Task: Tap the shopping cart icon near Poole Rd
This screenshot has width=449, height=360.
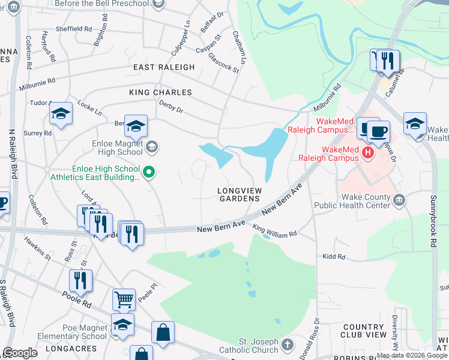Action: click(123, 299)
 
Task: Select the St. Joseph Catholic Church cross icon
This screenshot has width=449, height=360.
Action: click(288, 344)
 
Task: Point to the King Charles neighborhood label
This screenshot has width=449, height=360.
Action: click(160, 92)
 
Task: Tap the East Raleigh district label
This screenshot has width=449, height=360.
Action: click(164, 67)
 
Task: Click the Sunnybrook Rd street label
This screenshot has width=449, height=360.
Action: click(433, 219)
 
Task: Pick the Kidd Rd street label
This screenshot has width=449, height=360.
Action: click(333, 257)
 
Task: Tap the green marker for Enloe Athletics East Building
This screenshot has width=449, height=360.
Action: click(150, 173)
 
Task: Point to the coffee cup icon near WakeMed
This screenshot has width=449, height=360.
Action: click(378, 131)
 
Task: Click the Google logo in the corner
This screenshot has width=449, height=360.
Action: click(20, 353)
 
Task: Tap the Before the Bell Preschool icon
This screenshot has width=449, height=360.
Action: click(158, 4)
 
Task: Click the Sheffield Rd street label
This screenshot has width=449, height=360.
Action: click(74, 28)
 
